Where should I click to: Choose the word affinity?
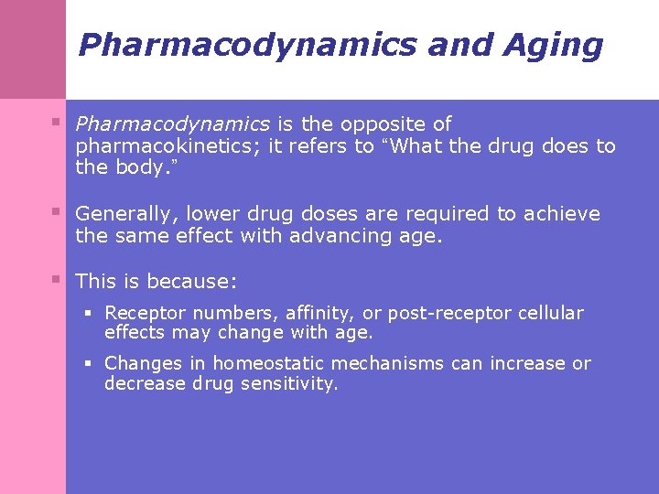321,313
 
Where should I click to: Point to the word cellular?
550,313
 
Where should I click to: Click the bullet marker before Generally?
58,212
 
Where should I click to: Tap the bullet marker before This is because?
58,279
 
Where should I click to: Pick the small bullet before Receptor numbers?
90,312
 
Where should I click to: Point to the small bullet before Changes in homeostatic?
90,362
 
